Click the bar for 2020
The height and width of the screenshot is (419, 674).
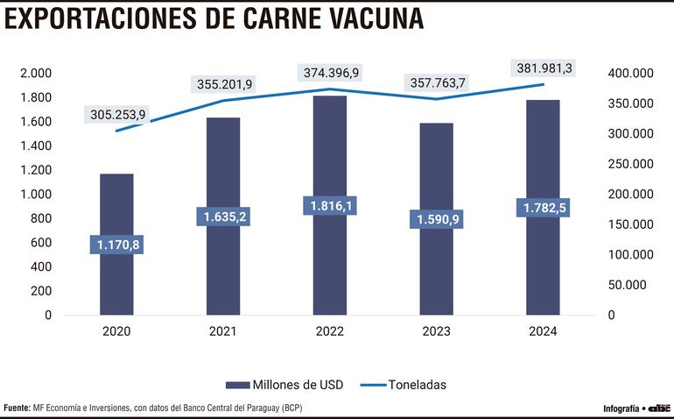[x=116, y=281]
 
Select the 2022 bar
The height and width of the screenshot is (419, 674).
[x=330, y=263]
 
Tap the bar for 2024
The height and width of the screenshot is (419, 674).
[x=543, y=263]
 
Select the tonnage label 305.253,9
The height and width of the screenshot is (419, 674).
[x=116, y=115]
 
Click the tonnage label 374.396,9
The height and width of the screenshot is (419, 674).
[x=330, y=73]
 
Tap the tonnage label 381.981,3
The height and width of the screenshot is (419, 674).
[x=544, y=67]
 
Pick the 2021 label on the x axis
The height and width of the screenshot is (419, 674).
[x=223, y=331]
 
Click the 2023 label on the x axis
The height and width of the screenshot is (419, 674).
[x=436, y=331]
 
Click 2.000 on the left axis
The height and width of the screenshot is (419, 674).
[x=36, y=74]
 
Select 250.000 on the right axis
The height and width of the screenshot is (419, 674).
[x=629, y=164]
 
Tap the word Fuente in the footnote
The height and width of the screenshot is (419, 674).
[x=16, y=408]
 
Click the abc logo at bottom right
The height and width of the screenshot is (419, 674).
[x=658, y=408]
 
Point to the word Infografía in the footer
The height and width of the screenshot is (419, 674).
[x=621, y=408]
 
